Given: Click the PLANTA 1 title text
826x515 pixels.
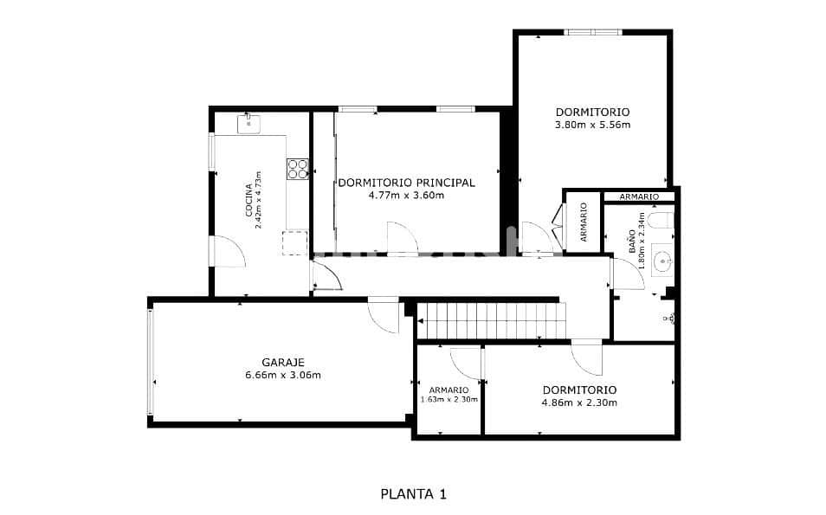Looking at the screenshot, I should pos(413,494).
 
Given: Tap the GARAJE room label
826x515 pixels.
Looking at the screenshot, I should pos(283,363).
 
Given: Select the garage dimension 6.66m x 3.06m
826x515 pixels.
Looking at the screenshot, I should pos(283,375).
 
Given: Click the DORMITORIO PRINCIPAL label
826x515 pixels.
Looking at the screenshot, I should pos(406,183).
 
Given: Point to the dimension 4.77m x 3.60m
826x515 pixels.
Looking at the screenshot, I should pos(406,196).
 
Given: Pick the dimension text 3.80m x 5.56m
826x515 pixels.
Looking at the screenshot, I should pos(592,125).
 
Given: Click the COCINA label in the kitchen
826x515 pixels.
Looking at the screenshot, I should pos(248,200).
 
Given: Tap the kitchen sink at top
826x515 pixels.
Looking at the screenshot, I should pos(249,123).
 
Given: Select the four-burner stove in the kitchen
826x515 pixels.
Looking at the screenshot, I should pos(298,168).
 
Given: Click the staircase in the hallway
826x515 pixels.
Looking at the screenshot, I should pos(490,320).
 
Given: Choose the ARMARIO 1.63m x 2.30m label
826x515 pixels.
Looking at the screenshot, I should pos(448,395).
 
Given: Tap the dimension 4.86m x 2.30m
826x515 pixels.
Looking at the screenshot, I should pos(579,402).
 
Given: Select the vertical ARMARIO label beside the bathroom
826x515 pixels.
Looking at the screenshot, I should pos(584,222).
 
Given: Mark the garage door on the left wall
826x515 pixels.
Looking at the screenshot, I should pos(152,362).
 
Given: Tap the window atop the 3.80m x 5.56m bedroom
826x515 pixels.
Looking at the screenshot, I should pos(593,33).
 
